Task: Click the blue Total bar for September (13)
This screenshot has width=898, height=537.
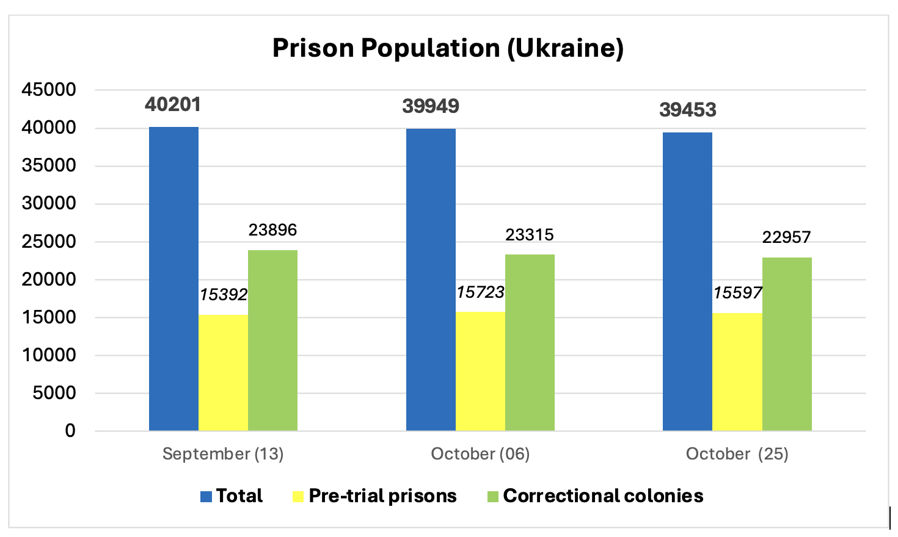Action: [x=173, y=278]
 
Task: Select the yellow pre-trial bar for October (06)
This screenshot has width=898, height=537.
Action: [x=480, y=371]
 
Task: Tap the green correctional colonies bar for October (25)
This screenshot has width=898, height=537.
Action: [x=787, y=344]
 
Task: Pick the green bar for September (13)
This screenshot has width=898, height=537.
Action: [x=272, y=340]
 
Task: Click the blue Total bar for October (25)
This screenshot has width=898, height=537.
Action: [x=687, y=281]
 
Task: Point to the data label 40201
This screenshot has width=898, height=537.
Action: [x=173, y=104]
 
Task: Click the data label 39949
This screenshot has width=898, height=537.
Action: [x=431, y=106]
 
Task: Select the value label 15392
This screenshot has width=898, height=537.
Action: [x=224, y=295]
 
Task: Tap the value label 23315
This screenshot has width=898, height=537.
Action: [x=530, y=235]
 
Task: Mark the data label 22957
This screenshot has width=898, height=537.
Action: [x=786, y=237]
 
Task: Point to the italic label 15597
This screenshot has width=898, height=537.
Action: [x=738, y=293]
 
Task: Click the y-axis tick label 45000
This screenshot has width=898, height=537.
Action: [x=49, y=90]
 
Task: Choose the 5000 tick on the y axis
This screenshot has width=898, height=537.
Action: [x=54, y=393]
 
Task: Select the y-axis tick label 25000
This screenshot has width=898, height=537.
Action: [x=49, y=242]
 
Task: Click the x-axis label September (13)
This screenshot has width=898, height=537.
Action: [x=223, y=454]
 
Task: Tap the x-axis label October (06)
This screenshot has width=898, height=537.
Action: [x=480, y=454]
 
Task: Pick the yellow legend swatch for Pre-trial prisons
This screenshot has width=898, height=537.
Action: [x=298, y=496]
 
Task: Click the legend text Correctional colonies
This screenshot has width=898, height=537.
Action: [x=603, y=496]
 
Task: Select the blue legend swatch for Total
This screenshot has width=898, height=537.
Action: [x=206, y=496]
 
